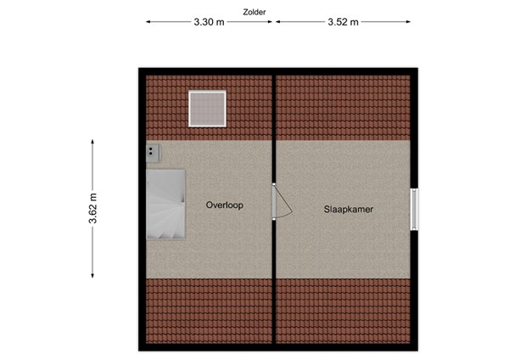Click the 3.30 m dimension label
(x=209, y=23)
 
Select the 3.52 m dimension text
(x=342, y=23)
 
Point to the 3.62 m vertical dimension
(x=92, y=209)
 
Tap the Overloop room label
(x=224, y=205)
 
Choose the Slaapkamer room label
(x=349, y=208)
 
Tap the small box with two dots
(x=153, y=152)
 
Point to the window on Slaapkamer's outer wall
(x=414, y=208)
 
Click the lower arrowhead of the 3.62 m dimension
(x=92, y=274)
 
